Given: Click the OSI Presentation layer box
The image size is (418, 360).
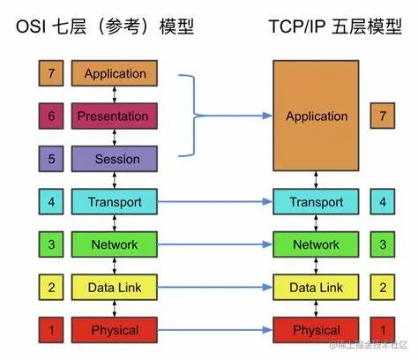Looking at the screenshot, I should pos(115,116).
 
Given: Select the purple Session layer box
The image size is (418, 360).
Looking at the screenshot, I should pos(115,159).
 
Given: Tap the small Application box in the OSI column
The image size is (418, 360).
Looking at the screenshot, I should pos(115,73).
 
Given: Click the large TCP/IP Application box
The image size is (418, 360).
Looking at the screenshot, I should pos(317,116).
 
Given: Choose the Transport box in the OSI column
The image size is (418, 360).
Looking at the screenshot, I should pos(115,202).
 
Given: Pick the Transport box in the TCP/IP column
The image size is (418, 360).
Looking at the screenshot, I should pos(317,202).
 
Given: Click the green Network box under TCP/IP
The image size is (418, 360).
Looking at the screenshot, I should pos(317,244).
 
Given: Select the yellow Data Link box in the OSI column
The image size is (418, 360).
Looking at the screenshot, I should pos(115,288).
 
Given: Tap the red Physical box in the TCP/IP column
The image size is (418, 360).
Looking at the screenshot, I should pos(317,330).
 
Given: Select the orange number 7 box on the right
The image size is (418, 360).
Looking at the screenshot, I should pos(382,116).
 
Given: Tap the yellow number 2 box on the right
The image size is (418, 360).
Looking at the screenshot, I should pos(382,288).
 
